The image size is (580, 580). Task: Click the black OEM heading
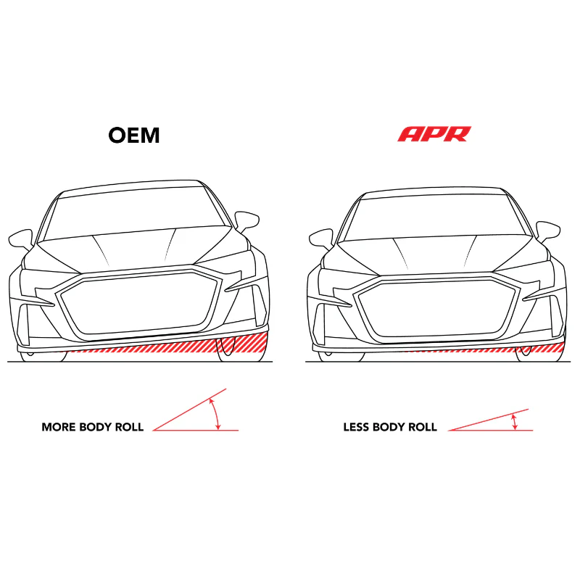tap(134, 135)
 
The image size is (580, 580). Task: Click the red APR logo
tap(434, 134)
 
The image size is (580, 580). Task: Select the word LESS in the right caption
tap(356, 427)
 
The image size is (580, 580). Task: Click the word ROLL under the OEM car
tap(129, 427)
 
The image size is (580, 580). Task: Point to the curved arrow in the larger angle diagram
tap(215, 413)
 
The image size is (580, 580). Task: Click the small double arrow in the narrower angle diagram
tap(514, 422)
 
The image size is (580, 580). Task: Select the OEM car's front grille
tap(138, 302)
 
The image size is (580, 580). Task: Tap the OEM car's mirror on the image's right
tap(246, 221)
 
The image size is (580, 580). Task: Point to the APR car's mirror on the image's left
tap(321, 239)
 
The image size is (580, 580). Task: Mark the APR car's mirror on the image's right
tap(548, 231)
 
